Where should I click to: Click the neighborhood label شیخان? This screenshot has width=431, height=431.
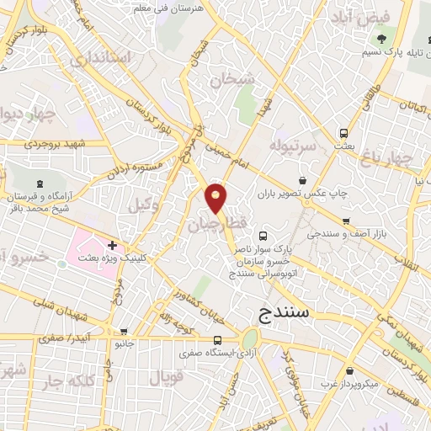(x=233, y=81)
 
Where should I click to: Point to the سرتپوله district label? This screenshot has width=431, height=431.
(x=291, y=146)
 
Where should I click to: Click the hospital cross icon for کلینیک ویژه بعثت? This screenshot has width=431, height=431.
(x=113, y=245)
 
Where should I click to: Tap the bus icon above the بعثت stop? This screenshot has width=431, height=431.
(x=343, y=132)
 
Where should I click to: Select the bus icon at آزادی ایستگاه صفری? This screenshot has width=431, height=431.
(x=217, y=340)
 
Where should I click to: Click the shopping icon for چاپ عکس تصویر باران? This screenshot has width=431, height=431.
(x=303, y=180)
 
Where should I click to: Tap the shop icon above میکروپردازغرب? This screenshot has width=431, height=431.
(x=349, y=371)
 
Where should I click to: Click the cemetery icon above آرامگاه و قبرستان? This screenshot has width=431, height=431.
(x=39, y=183)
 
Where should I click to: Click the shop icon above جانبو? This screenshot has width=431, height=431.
(x=125, y=332)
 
